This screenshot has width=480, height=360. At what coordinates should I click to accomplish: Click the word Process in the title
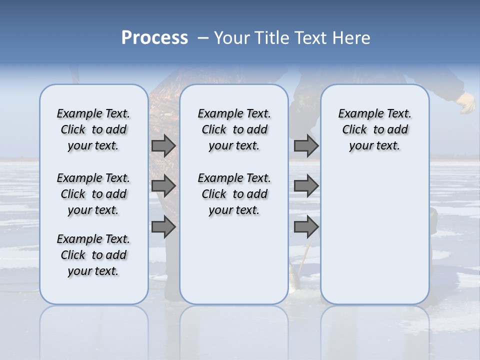click(154, 38)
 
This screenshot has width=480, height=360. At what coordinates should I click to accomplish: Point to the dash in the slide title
click(202, 38)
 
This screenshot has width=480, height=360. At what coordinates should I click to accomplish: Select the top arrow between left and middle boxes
click(163, 145)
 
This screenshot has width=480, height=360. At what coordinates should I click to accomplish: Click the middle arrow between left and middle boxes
click(163, 186)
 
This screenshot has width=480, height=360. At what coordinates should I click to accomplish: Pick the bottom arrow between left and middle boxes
click(163, 227)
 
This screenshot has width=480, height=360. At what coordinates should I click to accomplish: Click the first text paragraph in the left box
click(93, 129)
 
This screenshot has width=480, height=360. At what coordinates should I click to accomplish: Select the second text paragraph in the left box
click(93, 194)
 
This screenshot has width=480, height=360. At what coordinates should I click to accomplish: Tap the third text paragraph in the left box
click(93, 255)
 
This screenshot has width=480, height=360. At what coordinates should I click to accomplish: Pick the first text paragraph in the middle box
click(234, 129)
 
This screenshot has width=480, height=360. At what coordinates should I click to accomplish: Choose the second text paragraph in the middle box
click(234, 194)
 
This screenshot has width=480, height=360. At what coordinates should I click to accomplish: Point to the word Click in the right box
click(354, 130)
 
